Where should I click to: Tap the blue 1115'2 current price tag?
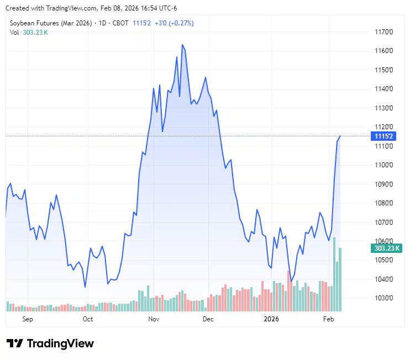coord(383,136)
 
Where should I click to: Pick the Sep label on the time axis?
coord(28,319)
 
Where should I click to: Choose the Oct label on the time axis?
coord(87,319)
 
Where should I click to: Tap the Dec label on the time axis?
coord(208,319)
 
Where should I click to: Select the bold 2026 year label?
coord(271,319)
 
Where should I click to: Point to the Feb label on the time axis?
coord(328,319)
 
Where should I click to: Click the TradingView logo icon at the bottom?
coord(14,343)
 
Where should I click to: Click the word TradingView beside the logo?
coord(60,343)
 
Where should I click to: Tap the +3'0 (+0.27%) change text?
coord(174,23)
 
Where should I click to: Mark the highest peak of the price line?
coord(182,45)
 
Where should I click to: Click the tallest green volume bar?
coord(334,274)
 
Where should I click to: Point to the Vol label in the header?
coord(14,32)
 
